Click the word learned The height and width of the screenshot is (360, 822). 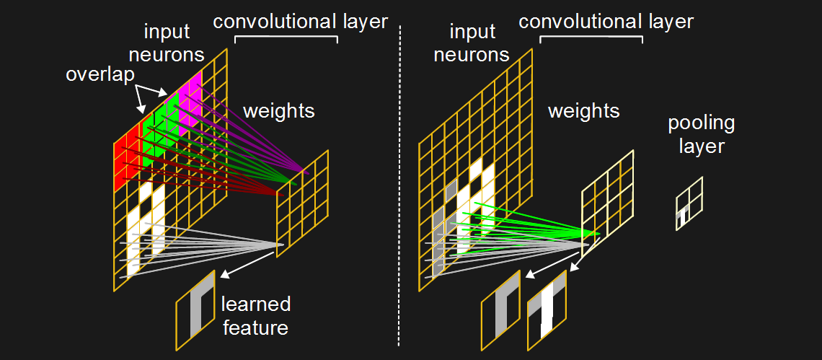coord(257,304)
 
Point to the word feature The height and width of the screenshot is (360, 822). coord(255,328)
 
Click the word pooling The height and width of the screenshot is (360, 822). coord(701,123)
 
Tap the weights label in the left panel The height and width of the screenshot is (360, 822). coord(278,111)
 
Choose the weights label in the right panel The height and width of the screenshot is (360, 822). coord(583,111)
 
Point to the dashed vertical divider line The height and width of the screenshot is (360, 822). coord(399,180)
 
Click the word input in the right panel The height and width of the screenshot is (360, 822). coord(472,32)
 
